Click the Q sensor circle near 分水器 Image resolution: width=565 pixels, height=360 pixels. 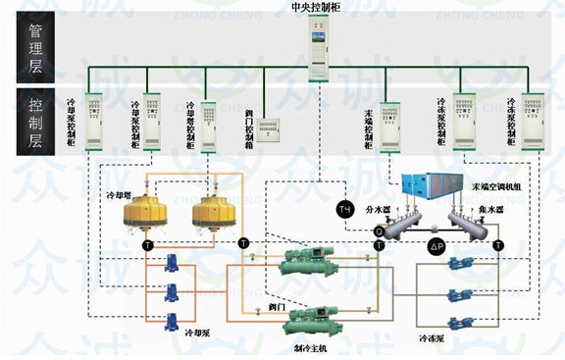click(x=379, y=231)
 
